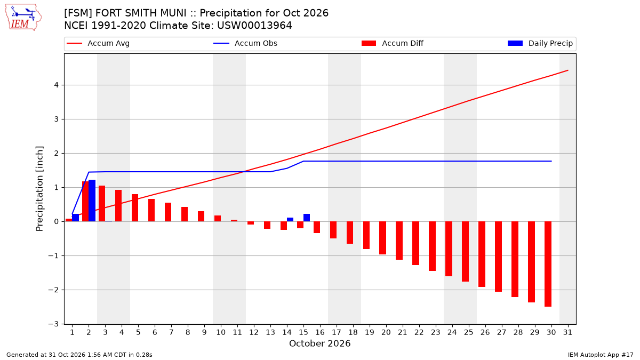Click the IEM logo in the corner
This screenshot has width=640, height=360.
pos(23,18)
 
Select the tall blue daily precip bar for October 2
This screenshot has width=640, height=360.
pos(92,201)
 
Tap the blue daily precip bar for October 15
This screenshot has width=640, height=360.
pos(307,218)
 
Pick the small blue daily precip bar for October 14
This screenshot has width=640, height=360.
pos(290,219)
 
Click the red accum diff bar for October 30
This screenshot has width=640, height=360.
pos(548,264)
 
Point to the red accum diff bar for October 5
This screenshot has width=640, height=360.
pos(135,207)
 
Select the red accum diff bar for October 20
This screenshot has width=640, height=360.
pos(382,238)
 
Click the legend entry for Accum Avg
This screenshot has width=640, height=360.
pos(98,43)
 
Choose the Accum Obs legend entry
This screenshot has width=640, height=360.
pos(245,43)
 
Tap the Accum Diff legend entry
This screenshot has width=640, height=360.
pos(393,43)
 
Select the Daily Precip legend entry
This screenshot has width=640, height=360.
pos(540,43)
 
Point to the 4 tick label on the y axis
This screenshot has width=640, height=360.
pos(56,85)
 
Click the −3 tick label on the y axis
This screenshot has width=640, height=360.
pos(53,324)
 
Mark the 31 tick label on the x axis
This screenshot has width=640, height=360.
pos(567,332)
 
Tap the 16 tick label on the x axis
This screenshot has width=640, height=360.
pos(320,332)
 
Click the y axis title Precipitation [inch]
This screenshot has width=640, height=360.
pos(39,189)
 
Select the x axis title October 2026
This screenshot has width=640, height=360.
pos(319,343)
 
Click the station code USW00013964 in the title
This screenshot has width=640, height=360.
pos(254,26)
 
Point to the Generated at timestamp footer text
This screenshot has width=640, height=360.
pos(79,355)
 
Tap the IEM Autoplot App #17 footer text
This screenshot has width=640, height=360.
pos(601,355)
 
